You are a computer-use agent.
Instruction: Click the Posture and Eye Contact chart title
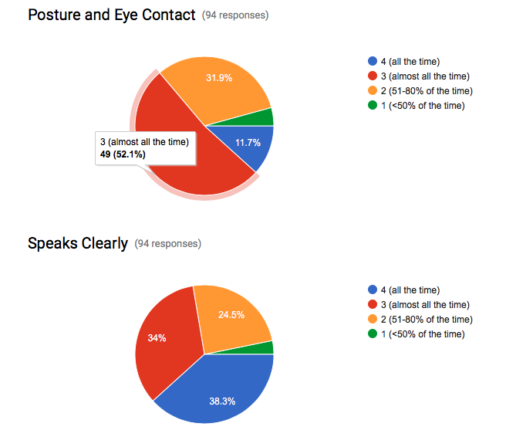(111, 15)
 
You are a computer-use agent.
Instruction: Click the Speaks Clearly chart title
(77, 243)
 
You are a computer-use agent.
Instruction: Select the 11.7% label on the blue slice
(248, 143)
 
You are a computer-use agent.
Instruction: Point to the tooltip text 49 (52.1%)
(123, 154)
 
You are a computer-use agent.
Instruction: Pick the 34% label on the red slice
(157, 337)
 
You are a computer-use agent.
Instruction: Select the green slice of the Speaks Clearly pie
(266, 347)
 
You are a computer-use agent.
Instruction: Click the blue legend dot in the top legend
(373, 62)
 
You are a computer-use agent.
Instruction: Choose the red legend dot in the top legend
(373, 76)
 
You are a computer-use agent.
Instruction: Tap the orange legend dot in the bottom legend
(373, 320)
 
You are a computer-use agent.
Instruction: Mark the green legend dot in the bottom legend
(373, 334)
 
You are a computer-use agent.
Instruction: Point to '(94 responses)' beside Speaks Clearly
(167, 244)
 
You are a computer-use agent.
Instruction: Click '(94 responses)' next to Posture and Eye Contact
(235, 16)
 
